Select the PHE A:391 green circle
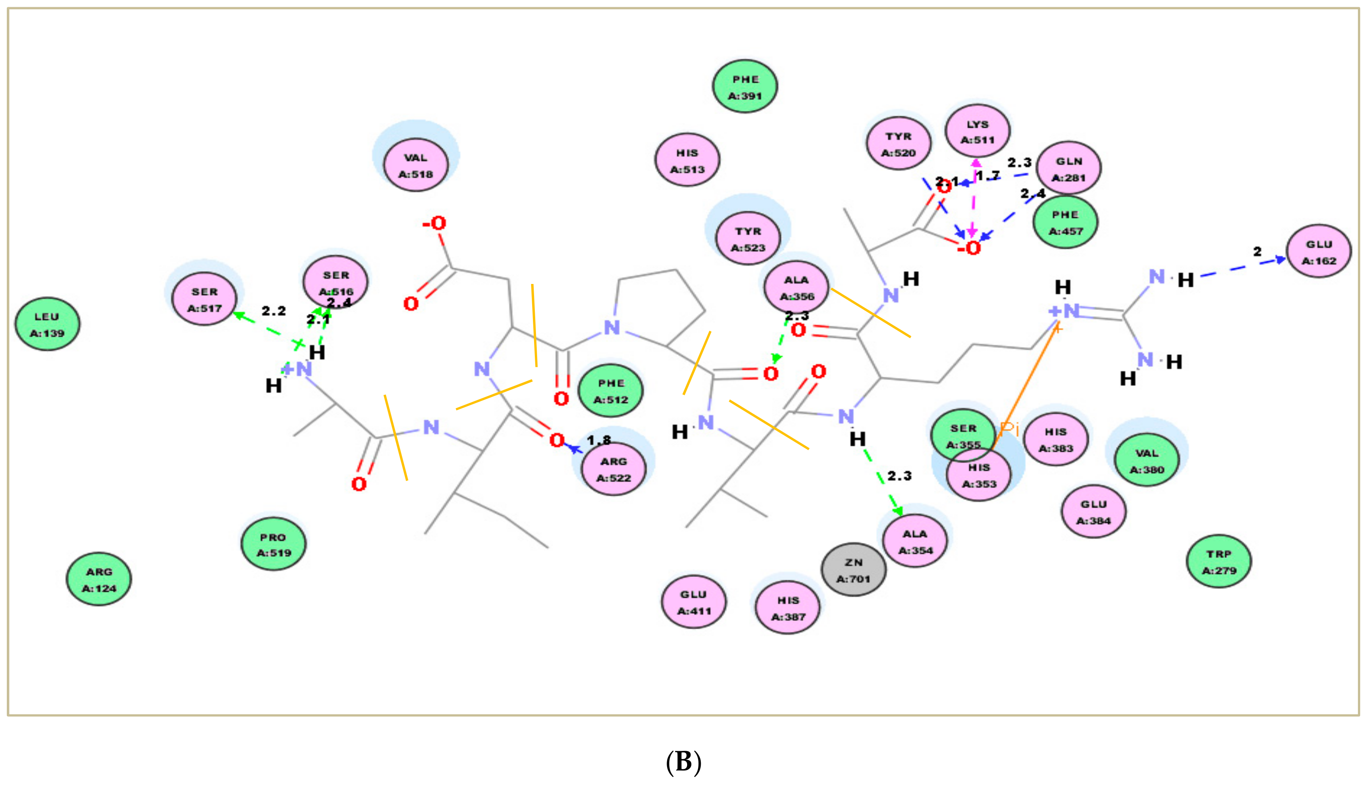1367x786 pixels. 745,86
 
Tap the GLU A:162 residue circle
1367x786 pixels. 1319,251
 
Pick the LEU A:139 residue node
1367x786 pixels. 47,324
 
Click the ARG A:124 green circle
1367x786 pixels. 99,579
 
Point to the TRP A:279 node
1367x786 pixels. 1219,561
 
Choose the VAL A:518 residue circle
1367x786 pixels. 416,165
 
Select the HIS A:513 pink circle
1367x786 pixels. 687,160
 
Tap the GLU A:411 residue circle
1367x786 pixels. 694,602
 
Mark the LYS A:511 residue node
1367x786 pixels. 977,131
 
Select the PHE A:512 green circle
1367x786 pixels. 611,391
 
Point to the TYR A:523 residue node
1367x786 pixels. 748,239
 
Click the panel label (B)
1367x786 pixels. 683,762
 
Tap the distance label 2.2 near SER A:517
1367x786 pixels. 274,311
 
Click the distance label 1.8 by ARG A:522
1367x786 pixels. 599,440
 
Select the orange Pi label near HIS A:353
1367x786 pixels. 1009,429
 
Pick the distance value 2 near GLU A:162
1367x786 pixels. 1258,251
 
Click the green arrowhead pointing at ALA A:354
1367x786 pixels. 897,511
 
